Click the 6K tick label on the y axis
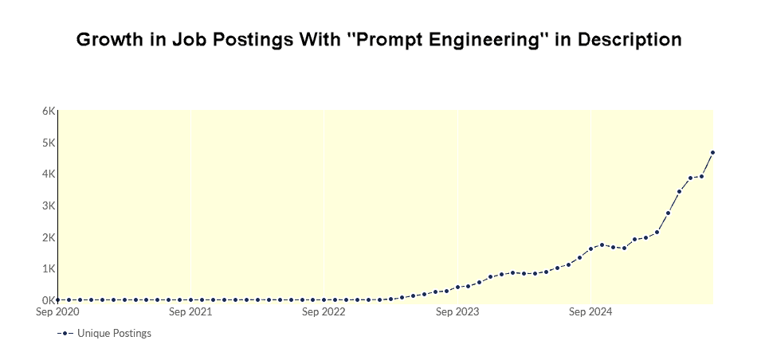[49, 112]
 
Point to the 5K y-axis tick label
[49, 143]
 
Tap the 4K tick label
[49, 174]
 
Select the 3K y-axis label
[49, 205]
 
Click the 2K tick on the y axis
[49, 237]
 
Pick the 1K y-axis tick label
[49, 268]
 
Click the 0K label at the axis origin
[49, 300]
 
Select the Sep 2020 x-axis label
[57, 312]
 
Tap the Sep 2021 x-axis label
[190, 312]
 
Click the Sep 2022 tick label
[324, 312]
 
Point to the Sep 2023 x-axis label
[457, 312]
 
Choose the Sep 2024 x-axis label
[590, 312]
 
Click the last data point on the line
[712, 152]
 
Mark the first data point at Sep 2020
[57, 299]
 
